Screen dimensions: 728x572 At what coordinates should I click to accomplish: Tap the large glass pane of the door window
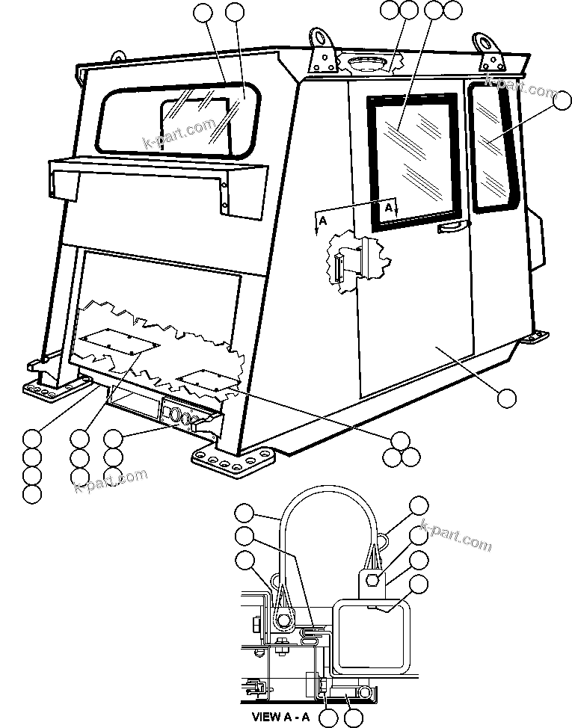[x=413, y=158]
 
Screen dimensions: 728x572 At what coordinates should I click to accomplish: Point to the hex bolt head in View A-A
[x=374, y=580]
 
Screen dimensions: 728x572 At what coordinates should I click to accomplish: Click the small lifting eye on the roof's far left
[x=117, y=56]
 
